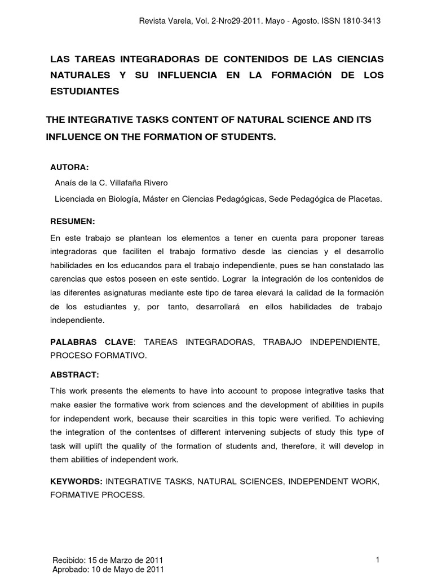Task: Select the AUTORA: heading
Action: [70, 168]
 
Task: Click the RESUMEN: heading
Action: [73, 220]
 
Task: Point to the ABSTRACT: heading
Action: [74, 375]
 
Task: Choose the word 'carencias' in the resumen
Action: [69, 278]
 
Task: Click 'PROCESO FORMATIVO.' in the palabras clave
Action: [99, 356]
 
